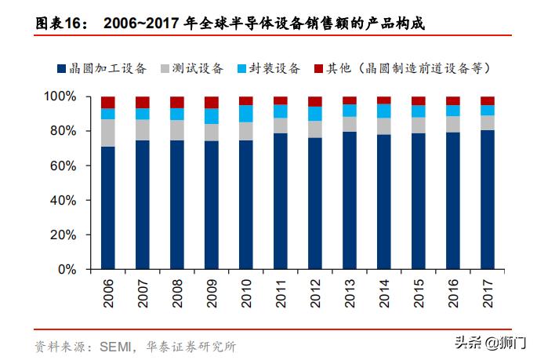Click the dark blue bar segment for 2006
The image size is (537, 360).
(107, 208)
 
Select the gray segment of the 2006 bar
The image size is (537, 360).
(107, 133)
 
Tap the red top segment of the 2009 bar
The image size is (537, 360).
(211, 102)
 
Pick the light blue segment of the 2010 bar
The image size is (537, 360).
(245, 113)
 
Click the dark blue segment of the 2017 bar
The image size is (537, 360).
(487, 199)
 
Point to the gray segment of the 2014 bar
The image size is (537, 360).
(383, 125)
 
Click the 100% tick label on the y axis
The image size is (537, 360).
(60, 96)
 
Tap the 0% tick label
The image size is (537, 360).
(67, 269)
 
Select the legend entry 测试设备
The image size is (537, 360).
(197, 68)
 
